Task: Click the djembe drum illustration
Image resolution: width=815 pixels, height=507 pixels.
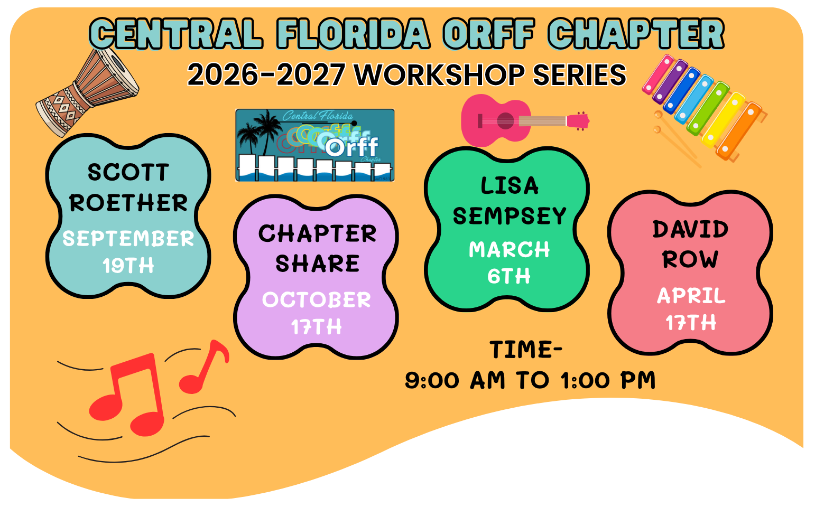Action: (87, 93)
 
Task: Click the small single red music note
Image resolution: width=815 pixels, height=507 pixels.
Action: (204, 367)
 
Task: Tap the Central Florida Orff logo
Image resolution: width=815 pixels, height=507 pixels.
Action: (315, 145)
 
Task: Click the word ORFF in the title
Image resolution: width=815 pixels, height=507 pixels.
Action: (489, 33)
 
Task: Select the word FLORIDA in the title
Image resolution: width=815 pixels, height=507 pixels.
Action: (353, 33)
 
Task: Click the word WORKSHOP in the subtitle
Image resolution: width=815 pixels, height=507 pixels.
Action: (440, 75)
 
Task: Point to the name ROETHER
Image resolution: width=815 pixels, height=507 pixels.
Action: (128, 202)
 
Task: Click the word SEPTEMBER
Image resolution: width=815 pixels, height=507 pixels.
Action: (128, 238)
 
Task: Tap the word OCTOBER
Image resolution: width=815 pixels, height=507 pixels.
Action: (317, 299)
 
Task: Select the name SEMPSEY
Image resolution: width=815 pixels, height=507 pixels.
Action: (510, 216)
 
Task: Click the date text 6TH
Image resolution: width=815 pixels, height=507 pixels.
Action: (509, 276)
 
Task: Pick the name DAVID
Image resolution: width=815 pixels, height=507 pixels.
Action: (691, 229)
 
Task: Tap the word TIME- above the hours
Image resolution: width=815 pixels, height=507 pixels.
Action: (526, 350)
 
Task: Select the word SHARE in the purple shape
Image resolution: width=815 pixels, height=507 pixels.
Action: (318, 263)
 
